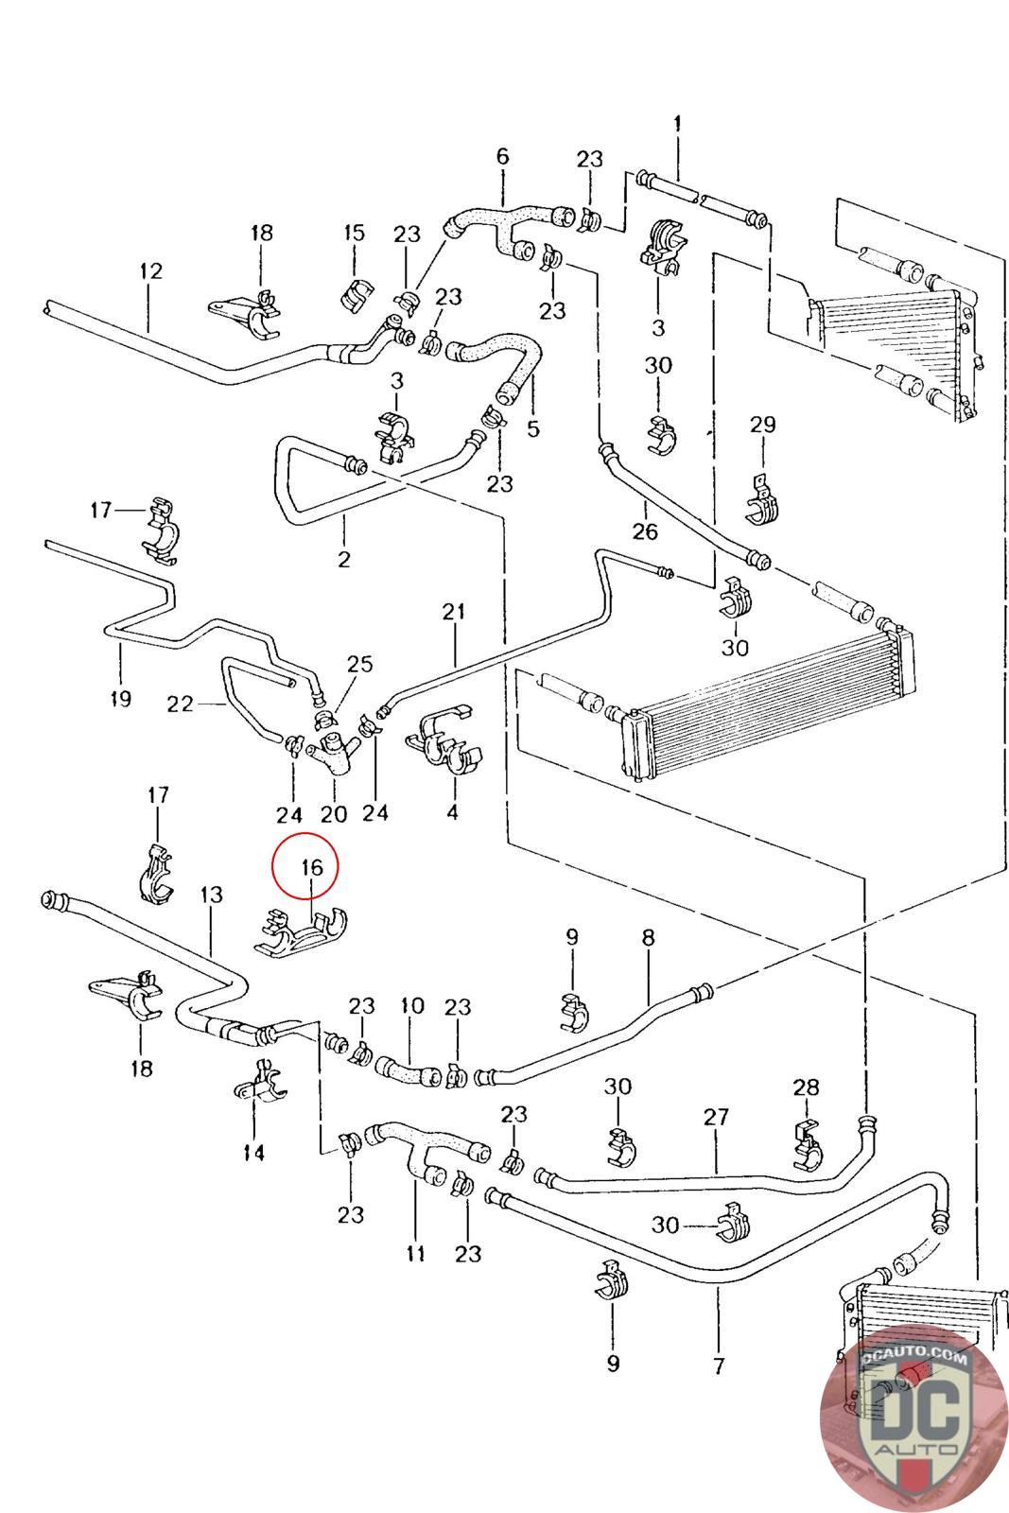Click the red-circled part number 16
tap(311, 866)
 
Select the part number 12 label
tap(150, 271)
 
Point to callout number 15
tap(354, 233)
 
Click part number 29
tap(762, 425)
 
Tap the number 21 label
tap(454, 612)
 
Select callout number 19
tap(119, 699)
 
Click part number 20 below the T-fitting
tap(334, 813)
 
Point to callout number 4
tap(452, 811)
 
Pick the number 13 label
tap(211, 894)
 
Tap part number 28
tap(806, 1087)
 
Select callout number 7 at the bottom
tap(719, 1365)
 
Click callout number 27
tap(716, 1117)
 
